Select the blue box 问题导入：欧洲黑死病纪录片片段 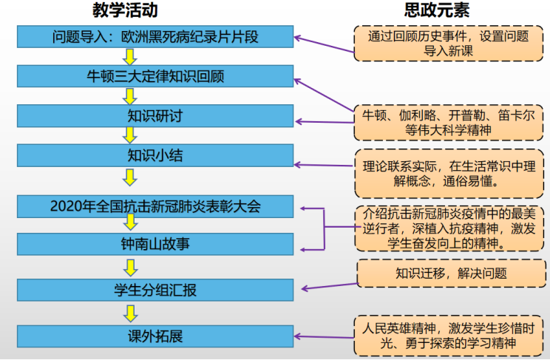(155, 36)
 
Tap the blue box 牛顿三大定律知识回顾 (155, 76)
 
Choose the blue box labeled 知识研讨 (155, 116)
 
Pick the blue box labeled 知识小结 (155, 155)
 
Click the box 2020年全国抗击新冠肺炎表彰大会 (155, 206)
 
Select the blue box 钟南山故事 (155, 243)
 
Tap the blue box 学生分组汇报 (155, 290)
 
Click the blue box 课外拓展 (155, 336)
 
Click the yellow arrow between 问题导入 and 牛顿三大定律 (130, 56)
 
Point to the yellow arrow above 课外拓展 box (130, 313)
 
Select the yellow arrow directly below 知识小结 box (130, 177)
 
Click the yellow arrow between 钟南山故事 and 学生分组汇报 (130, 267)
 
